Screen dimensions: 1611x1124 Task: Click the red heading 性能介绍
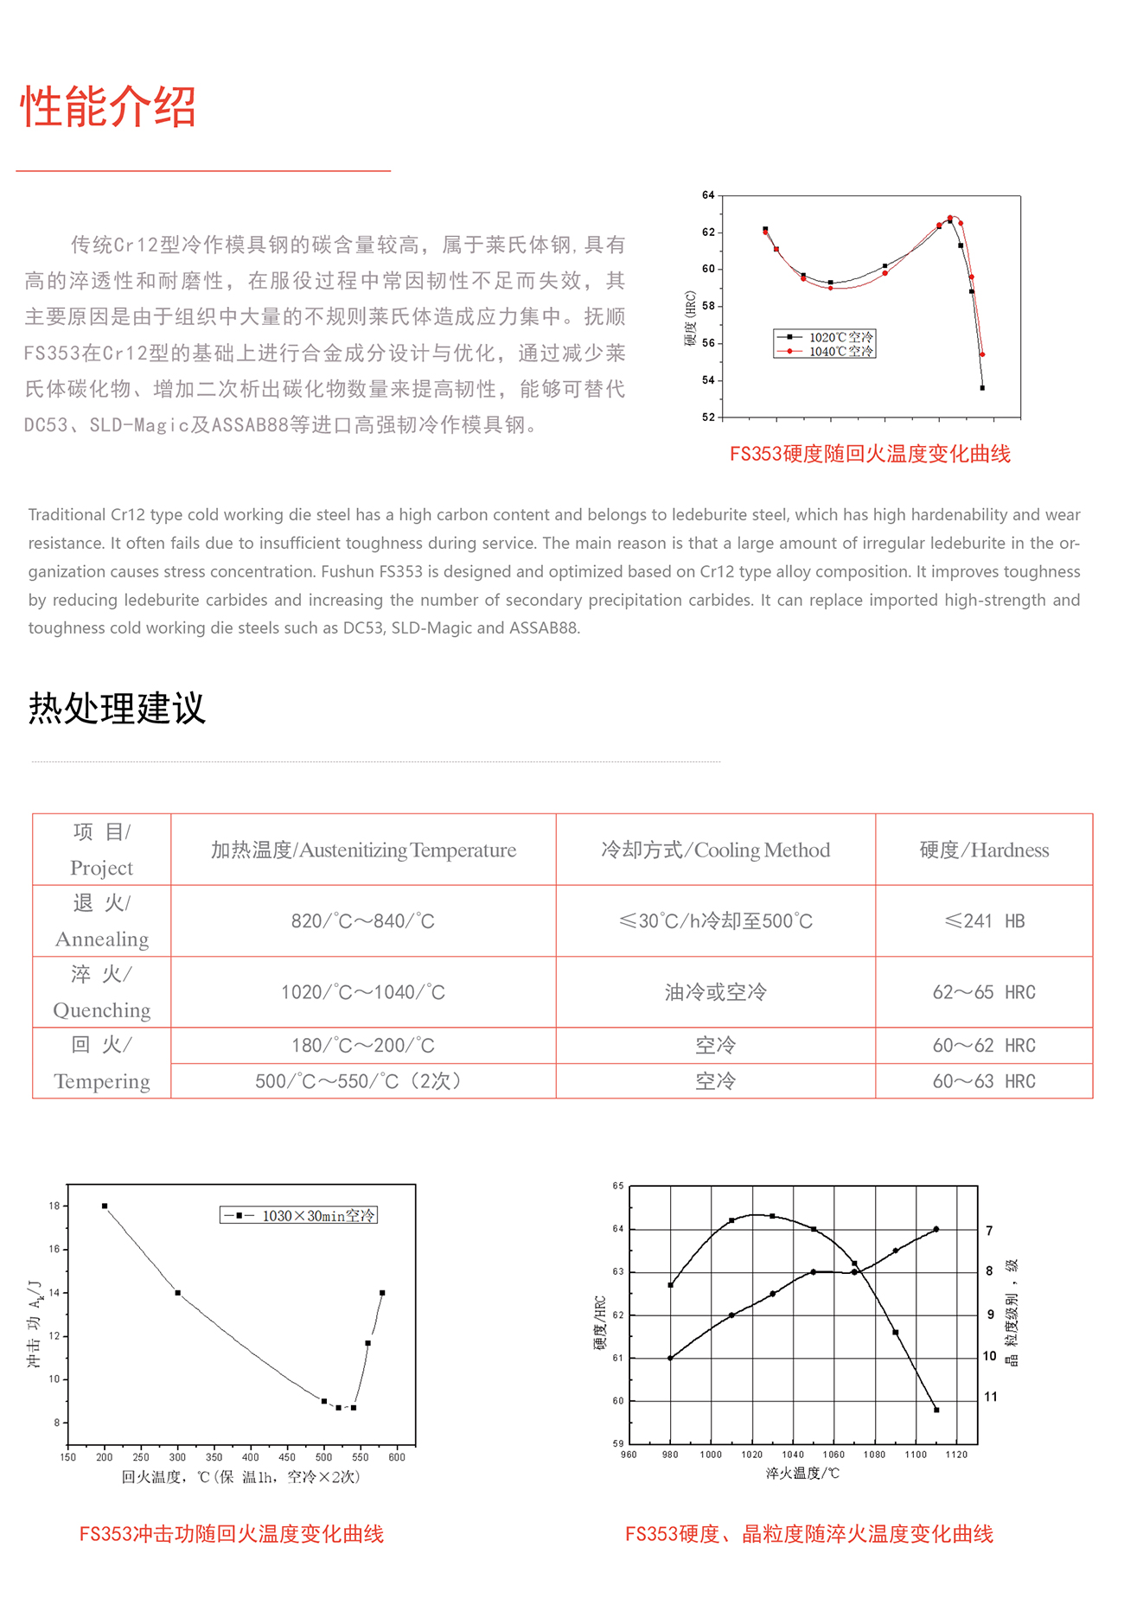click(108, 107)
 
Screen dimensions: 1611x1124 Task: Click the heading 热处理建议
click(117, 708)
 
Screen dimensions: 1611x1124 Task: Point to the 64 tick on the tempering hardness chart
click(709, 195)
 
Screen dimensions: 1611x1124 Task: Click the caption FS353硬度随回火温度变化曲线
click(870, 454)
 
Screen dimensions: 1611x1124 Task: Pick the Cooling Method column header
click(715, 850)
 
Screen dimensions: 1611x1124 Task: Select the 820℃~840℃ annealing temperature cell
click(363, 921)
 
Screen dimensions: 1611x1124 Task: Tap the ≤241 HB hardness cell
click(984, 921)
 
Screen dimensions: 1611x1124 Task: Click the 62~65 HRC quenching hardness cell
click(984, 992)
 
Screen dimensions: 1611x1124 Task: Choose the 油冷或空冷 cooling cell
click(715, 992)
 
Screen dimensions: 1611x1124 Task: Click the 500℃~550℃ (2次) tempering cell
click(363, 1081)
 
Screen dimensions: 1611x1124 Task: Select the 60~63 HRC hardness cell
click(984, 1081)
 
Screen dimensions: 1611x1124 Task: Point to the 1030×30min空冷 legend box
click(299, 1215)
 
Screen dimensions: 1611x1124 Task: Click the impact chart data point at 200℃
click(105, 1206)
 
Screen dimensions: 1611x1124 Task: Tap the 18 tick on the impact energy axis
click(54, 1206)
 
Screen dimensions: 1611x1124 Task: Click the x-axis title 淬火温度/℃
click(802, 1473)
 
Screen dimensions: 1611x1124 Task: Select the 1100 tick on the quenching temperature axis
click(916, 1455)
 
